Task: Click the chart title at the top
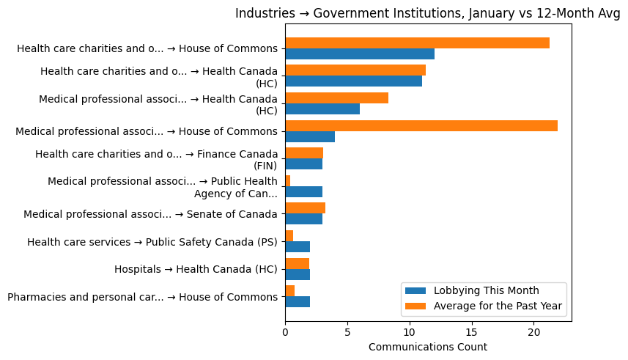pyautogui.click(x=427, y=13)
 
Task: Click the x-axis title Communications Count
pyautogui.click(x=427, y=346)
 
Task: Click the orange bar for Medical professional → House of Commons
pyautogui.click(x=421, y=125)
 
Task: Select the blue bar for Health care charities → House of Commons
pyautogui.click(x=359, y=54)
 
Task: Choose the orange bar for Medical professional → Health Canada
pyautogui.click(x=336, y=98)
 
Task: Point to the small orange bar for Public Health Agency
pyautogui.click(x=287, y=180)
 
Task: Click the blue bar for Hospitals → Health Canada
pyautogui.click(x=297, y=274)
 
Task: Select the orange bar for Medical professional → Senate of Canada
pyautogui.click(x=305, y=208)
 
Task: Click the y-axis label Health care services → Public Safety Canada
pyautogui.click(x=152, y=242)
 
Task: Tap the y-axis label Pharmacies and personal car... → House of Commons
pyautogui.click(x=142, y=297)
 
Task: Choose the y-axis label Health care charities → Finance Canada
pyautogui.click(x=156, y=159)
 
